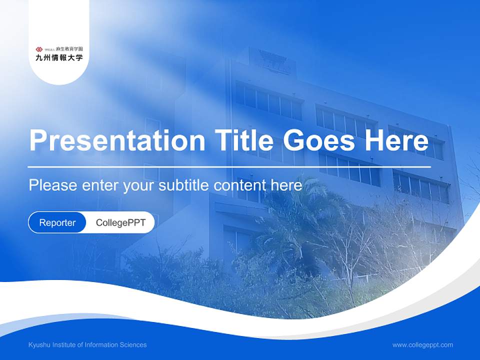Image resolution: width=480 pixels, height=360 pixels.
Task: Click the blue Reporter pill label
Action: click(57, 222)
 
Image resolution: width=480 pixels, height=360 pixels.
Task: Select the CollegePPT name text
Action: click(120, 222)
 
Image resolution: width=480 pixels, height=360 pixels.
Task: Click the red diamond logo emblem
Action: click(39, 49)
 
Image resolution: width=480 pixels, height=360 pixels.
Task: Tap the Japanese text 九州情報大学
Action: click(59, 57)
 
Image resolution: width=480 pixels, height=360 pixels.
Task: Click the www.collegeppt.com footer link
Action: click(422, 344)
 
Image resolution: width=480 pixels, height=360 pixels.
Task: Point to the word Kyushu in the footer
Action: click(39, 344)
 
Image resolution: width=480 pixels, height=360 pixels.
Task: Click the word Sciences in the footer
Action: click(133, 344)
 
